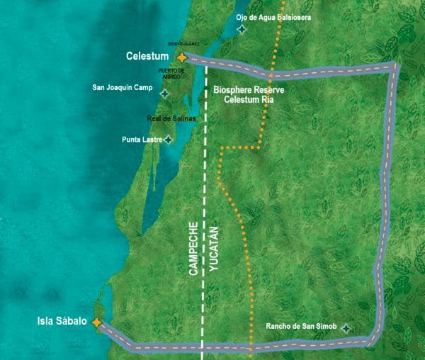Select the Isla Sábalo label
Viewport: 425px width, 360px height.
[x=62, y=322]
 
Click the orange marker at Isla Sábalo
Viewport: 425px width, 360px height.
[x=96, y=322]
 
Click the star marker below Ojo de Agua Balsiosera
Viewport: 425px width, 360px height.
[x=242, y=29]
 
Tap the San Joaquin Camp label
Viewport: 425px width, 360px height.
[x=123, y=89]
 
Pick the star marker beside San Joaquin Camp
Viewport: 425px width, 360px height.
[x=164, y=93]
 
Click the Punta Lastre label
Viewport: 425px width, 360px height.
[x=142, y=140]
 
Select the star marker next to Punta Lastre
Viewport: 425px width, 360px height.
[x=168, y=140]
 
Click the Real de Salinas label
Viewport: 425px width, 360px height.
[x=171, y=118]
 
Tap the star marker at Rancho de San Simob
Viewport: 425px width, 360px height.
[x=346, y=328]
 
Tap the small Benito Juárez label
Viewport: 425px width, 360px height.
[x=183, y=44]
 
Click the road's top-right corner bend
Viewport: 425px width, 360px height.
[x=395, y=67]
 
